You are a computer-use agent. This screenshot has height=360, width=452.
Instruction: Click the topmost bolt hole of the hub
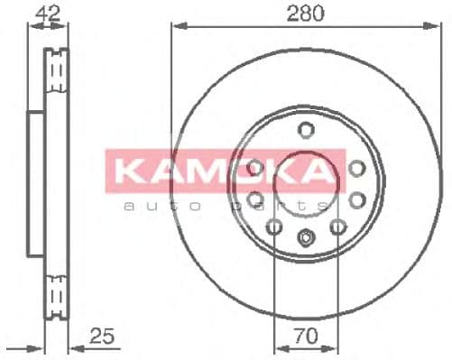(x=306, y=128)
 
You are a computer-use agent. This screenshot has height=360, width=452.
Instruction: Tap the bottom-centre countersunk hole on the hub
(x=306, y=239)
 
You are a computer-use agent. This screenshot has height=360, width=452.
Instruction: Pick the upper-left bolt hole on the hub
(x=255, y=167)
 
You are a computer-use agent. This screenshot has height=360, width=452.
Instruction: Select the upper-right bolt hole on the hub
(x=356, y=167)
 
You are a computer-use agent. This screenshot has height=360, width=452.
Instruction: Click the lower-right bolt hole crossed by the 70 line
(x=338, y=227)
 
